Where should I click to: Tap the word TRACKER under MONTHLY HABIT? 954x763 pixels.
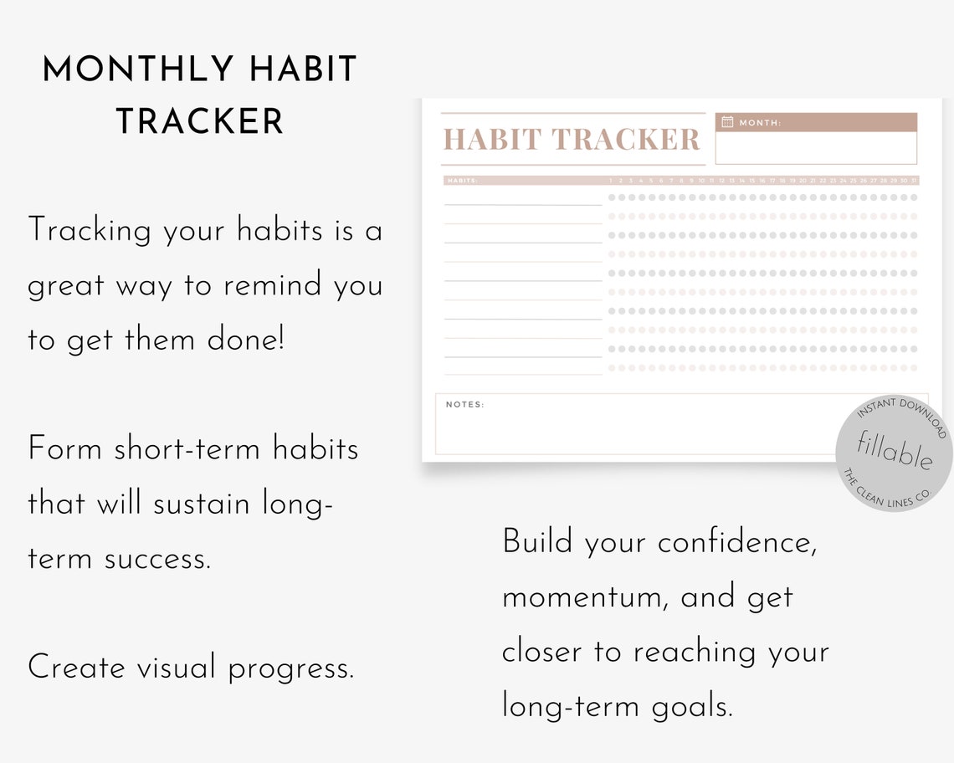pos(200,122)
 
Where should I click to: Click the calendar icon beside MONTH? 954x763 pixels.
pos(727,122)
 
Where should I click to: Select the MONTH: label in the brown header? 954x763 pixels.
pos(760,123)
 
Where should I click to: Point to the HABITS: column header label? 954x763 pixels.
pos(463,180)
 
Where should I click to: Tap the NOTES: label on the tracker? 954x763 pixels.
pos(464,405)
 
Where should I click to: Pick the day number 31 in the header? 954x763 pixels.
pos(914,180)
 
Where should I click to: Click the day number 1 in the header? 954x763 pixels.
pos(612,180)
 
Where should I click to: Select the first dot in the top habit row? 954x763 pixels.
pos(612,197)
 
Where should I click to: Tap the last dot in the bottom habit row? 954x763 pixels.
pos(914,367)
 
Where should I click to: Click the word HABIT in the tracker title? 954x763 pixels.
pos(492,140)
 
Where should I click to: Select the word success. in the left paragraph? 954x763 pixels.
pos(157,559)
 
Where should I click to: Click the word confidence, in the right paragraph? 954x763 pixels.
pos(737,543)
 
